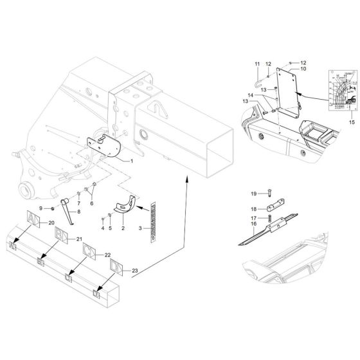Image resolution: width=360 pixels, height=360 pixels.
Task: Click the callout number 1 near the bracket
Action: [x=132, y=160]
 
